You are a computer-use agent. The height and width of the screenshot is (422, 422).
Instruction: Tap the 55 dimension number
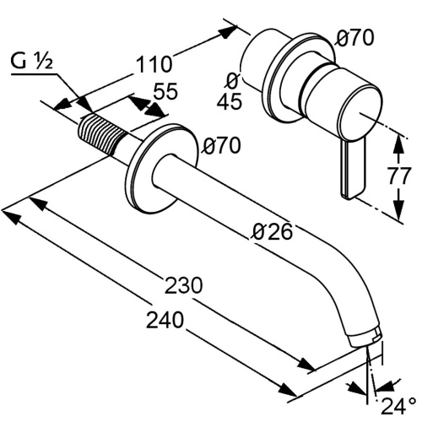[x=166, y=92]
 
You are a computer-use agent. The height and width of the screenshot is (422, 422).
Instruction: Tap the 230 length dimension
[x=183, y=285]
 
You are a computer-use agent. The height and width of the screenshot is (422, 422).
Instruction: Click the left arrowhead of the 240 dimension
[x=8, y=214]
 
